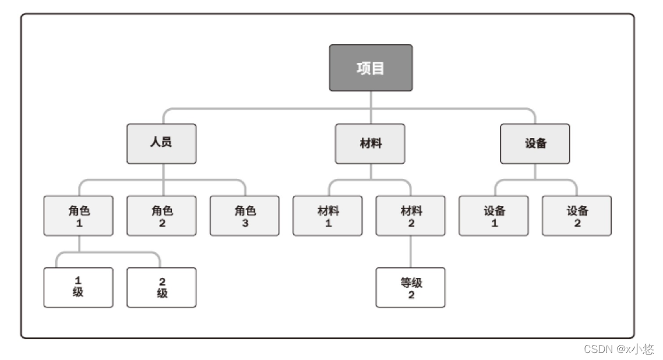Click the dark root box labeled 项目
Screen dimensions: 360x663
371,68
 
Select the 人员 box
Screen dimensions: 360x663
161,143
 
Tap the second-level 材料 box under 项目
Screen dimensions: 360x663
370,143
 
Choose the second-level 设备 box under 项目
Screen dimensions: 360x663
535,143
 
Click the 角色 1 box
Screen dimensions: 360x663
79,216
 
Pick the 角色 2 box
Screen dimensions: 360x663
161,216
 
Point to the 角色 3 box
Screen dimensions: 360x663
245,216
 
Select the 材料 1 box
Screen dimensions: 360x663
328,216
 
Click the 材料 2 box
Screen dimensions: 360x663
411,216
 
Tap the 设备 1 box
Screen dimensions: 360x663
494,216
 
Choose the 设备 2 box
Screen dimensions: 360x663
577,216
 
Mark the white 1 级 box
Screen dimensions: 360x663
79,287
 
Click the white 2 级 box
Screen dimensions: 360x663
161,287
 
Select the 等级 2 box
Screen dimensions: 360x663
411,287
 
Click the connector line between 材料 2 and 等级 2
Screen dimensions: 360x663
411,252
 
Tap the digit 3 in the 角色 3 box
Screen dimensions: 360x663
245,223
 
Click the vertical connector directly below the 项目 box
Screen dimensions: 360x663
371,100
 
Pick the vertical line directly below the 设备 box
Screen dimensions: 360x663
535,171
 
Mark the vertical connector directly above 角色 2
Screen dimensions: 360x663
162,188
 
